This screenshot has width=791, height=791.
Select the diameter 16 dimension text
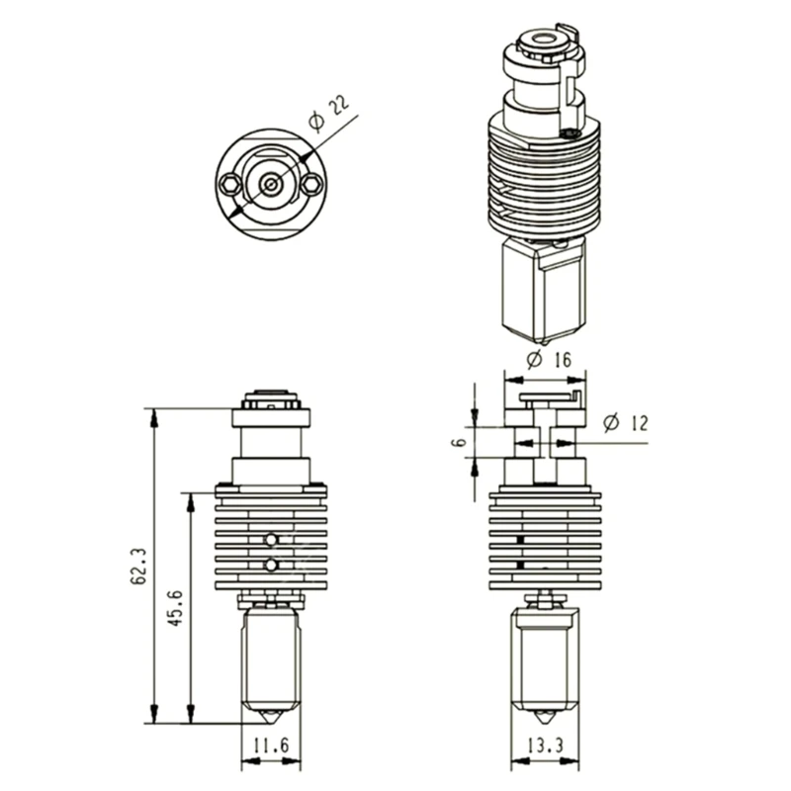(x=550, y=360)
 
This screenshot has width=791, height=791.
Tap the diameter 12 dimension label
(x=624, y=423)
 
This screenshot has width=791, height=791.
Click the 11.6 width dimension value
(x=270, y=747)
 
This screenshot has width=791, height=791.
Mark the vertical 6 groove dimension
(x=458, y=441)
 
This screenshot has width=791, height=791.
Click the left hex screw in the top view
(x=229, y=183)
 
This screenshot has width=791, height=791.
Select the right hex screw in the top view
(x=312, y=183)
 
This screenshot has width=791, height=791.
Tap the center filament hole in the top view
(x=270, y=183)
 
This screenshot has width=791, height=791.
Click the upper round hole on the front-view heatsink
(x=271, y=539)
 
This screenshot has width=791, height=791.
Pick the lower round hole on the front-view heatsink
(x=271, y=565)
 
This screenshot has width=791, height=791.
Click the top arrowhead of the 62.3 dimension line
(x=153, y=414)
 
